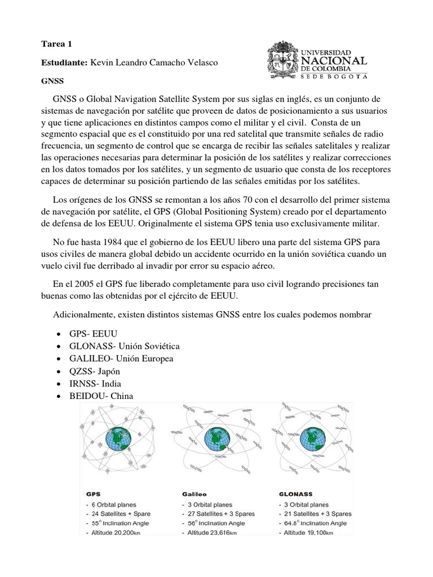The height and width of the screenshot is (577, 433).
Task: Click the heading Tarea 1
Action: coord(57,45)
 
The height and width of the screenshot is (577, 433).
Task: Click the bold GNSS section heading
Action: coord(52,81)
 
